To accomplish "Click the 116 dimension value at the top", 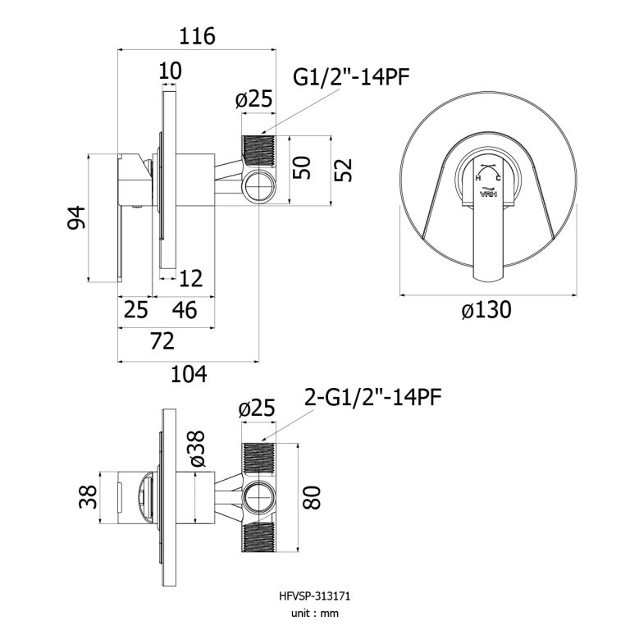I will click(x=196, y=36).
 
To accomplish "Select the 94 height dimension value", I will click(x=75, y=217).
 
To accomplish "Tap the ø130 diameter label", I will click(x=486, y=310).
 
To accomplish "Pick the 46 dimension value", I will click(x=186, y=310).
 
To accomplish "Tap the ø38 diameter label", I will click(x=195, y=449).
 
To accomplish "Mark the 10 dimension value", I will click(x=171, y=71).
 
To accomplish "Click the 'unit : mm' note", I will click(x=315, y=613).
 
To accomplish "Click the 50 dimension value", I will click(x=303, y=169).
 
